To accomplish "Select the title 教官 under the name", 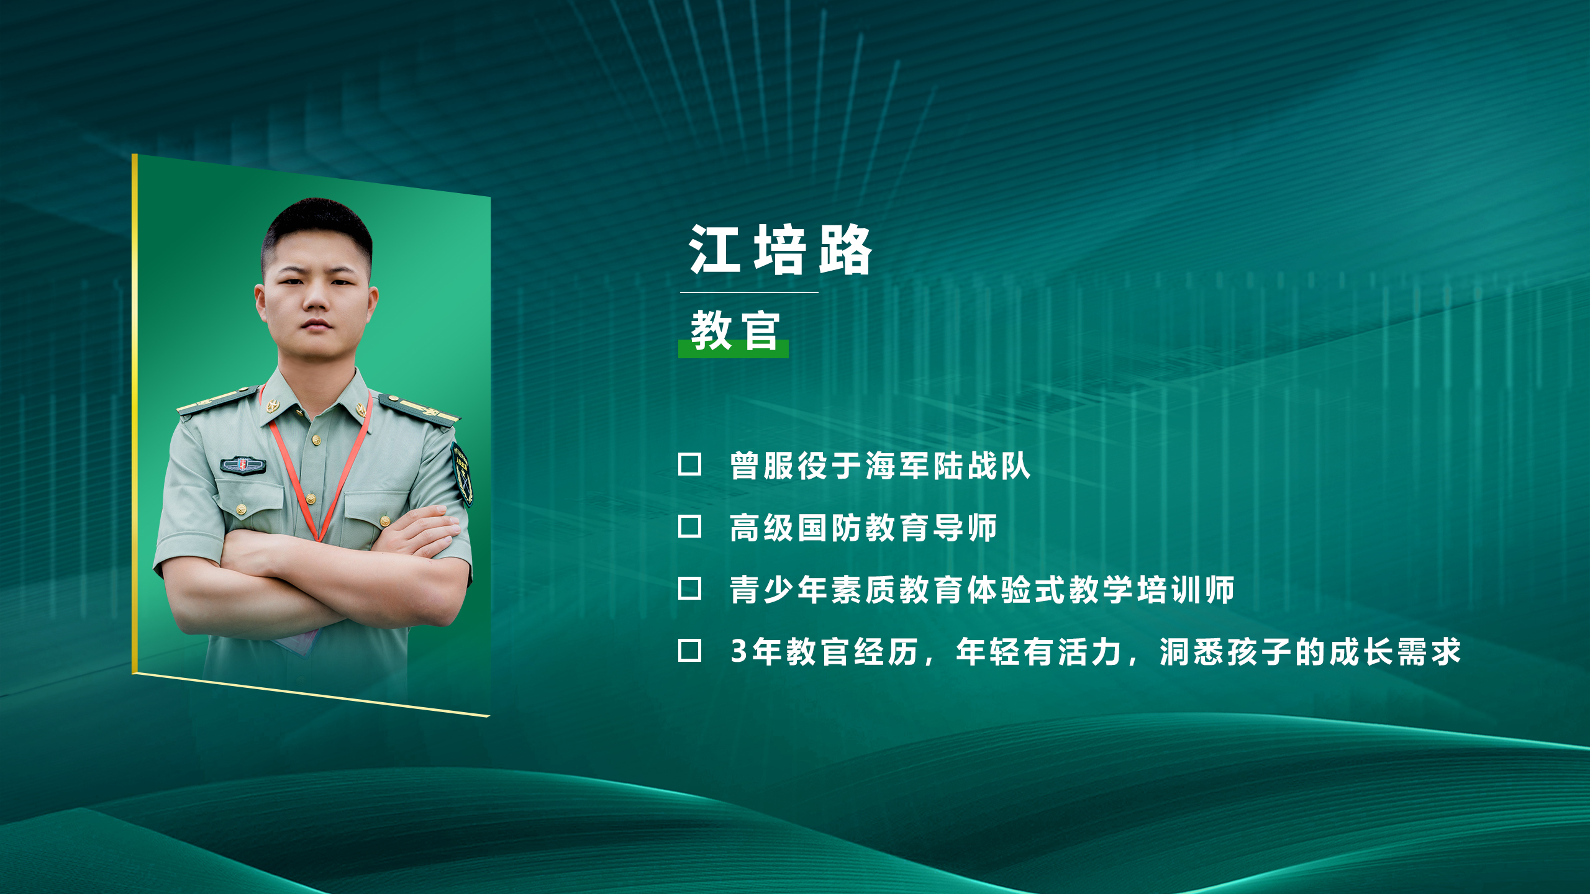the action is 735,330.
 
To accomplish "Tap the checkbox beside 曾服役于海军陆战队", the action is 689,464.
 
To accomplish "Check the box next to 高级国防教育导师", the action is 689,526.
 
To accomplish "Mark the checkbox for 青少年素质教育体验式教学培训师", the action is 689,589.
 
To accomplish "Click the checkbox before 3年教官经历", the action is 689,651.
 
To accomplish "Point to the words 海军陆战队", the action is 948,466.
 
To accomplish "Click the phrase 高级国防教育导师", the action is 863,528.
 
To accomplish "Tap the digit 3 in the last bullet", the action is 738,651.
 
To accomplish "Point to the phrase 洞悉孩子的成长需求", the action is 1310,652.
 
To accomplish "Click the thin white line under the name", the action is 749,292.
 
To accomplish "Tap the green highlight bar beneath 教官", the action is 734,349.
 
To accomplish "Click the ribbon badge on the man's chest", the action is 243,465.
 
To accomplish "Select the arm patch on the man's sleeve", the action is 461,473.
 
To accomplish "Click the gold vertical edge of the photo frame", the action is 134,413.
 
